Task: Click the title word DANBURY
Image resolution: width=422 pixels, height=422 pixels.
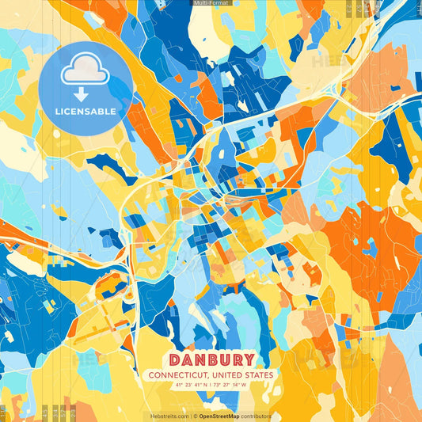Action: [x=211, y=359]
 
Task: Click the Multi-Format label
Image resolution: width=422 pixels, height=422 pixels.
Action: [x=211, y=3]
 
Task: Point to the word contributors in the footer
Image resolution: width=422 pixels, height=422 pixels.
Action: [x=255, y=416]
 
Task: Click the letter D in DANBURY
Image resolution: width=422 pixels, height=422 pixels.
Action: [x=173, y=359]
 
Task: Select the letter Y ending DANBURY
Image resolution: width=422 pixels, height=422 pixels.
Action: [x=248, y=359]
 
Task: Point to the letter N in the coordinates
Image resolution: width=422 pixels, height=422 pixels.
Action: [x=208, y=386]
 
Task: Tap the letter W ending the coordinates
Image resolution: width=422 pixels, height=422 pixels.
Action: [x=244, y=386]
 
